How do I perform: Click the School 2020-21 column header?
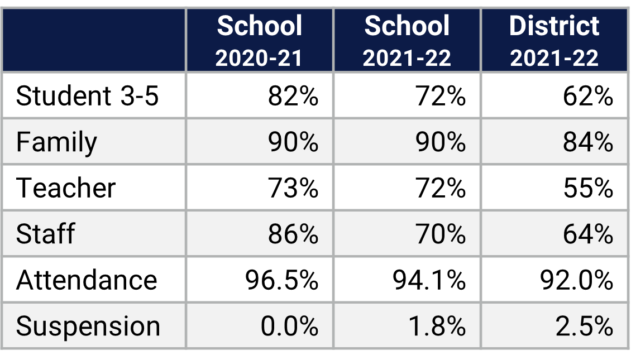coord(259,41)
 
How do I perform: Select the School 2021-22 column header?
coord(407,41)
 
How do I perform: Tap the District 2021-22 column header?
coord(554,41)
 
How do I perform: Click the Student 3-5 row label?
coord(87,96)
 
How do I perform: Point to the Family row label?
coord(56,142)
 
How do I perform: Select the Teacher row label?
coord(65,188)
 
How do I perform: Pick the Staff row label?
coord(45,233)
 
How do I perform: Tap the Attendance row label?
coord(87,279)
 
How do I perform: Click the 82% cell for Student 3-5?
coord(293,96)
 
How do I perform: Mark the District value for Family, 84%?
coord(587,142)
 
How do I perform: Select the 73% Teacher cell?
coord(293,188)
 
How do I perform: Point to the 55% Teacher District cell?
coord(587,188)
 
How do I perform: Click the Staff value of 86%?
coord(293,233)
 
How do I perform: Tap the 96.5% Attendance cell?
coord(281,279)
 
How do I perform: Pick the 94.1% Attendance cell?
coord(429,279)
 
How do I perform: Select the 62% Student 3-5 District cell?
coord(587,96)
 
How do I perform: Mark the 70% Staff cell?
coord(440,233)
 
